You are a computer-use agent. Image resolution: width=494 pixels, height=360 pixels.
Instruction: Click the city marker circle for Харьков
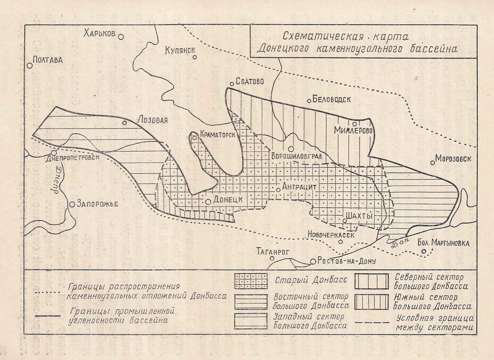point(121,37)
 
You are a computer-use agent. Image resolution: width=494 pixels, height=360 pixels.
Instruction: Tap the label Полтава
point(47,60)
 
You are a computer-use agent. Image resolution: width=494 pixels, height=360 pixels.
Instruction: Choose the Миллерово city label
point(354,131)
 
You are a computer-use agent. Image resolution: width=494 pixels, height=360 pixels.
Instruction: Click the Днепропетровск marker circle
point(54,153)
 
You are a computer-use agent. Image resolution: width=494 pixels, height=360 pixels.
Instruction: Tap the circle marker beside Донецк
point(209,202)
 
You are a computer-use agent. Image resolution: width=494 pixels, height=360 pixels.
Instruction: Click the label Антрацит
point(299,186)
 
